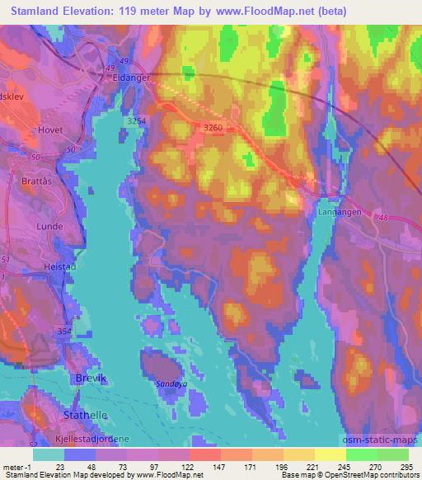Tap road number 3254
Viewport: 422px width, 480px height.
pyautogui.click(x=138, y=121)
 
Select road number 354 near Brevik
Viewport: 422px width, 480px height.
pyautogui.click(x=65, y=331)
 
